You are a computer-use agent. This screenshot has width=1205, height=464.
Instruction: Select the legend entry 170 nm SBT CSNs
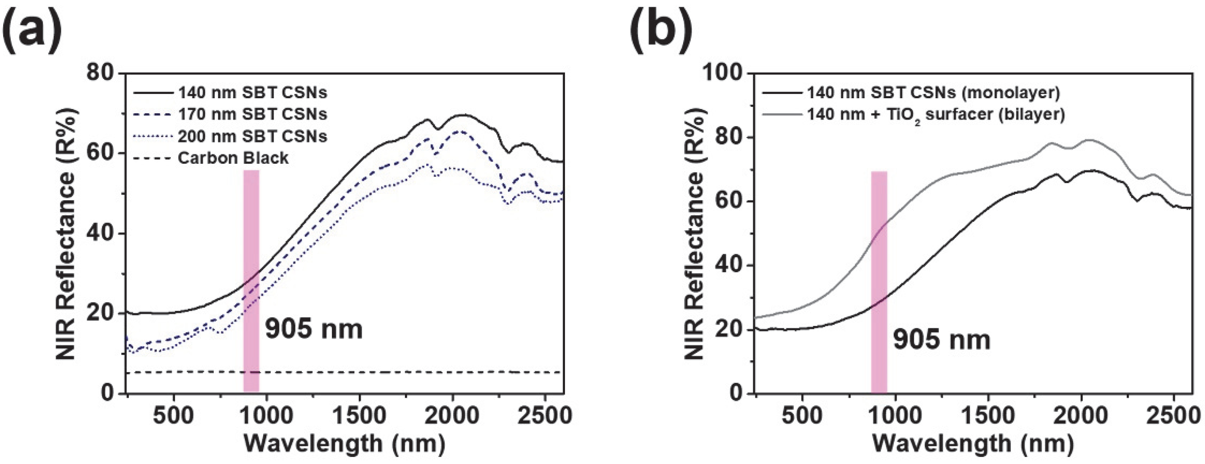tap(252, 114)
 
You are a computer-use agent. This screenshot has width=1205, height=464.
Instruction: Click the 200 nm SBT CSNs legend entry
tap(252, 137)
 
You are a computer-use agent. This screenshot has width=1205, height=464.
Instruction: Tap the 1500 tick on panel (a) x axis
tap(359, 415)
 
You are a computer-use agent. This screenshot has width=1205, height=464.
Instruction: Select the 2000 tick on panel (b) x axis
tap(1081, 415)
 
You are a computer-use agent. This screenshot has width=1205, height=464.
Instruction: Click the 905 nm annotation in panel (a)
tap(314, 329)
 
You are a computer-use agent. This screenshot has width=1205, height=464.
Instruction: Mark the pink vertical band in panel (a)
tap(251, 281)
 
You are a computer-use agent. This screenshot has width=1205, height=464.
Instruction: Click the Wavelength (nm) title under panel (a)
tap(344, 443)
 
